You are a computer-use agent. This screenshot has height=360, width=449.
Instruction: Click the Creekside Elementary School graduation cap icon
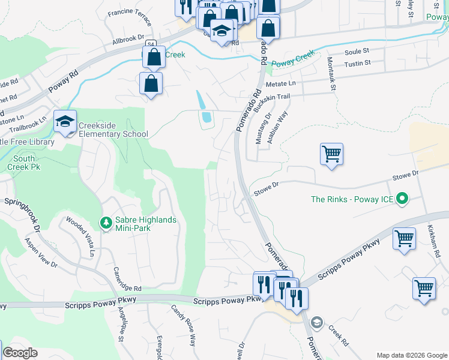pos(65,122)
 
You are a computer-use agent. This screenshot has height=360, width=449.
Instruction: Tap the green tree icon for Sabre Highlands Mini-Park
pos(106,223)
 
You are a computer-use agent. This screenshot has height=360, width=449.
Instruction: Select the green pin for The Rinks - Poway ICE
pos(403,199)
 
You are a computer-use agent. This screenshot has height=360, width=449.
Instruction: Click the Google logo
pos(20,353)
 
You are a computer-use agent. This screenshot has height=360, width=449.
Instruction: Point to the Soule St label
pos(356,52)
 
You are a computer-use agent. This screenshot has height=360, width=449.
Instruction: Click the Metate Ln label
pos(281,84)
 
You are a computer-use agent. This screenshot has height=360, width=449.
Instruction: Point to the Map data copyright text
pos(411,355)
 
